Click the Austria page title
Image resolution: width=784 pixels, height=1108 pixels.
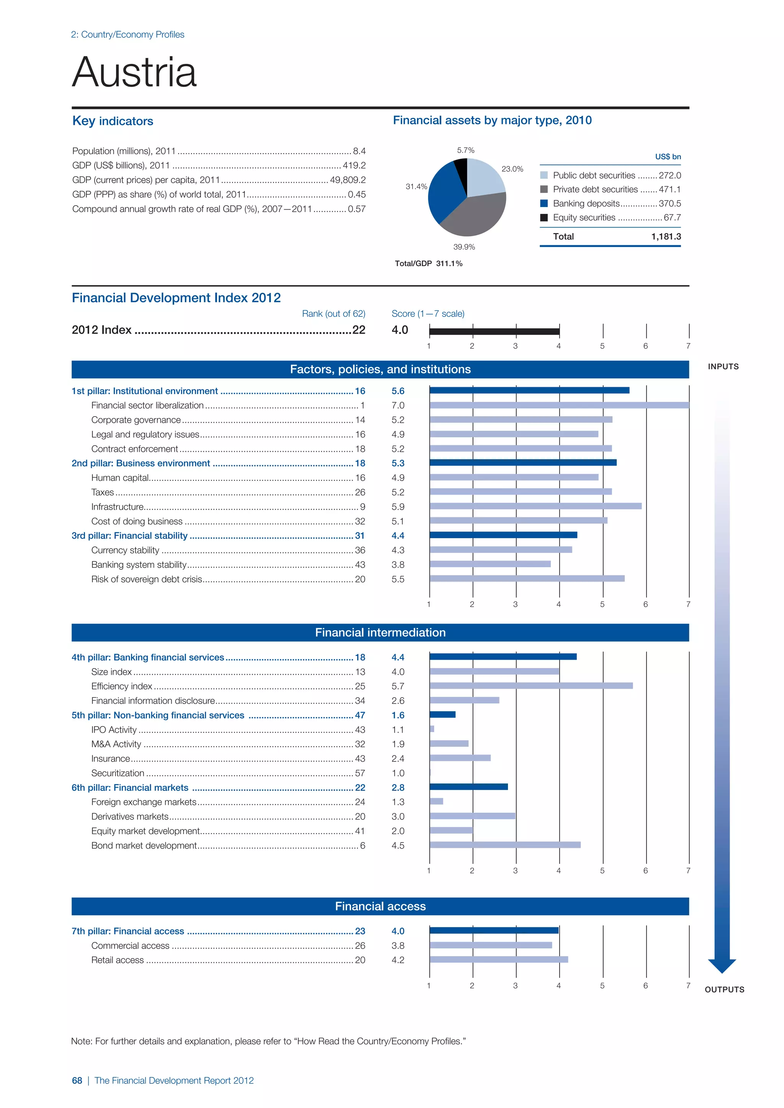(x=134, y=72)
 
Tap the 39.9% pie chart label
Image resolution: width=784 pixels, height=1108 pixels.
(x=464, y=247)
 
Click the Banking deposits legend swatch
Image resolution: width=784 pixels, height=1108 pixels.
(x=544, y=204)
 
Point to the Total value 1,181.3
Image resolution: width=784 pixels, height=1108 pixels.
(x=666, y=236)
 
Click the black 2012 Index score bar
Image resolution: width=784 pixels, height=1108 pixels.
(x=494, y=331)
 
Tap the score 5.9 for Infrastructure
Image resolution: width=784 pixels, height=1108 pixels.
(x=398, y=507)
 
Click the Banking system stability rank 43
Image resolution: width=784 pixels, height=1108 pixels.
(x=360, y=565)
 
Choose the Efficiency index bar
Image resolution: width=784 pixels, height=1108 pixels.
(x=531, y=686)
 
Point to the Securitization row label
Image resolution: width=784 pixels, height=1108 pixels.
(x=118, y=773)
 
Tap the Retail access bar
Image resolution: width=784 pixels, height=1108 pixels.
(x=499, y=960)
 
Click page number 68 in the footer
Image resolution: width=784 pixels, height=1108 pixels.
(x=77, y=1080)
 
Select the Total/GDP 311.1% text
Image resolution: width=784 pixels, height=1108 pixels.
(x=428, y=264)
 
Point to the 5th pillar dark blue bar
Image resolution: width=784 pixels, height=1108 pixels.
(x=442, y=715)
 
